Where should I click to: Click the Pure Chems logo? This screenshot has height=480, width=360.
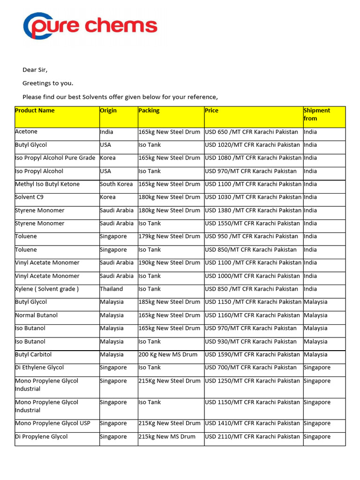90,26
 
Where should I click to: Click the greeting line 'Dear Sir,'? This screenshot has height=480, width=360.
35,70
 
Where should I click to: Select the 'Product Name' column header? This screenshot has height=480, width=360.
35,111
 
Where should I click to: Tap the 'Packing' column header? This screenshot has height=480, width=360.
149,111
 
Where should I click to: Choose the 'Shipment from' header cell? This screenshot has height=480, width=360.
317,114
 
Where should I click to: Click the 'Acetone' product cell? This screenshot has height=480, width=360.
26,132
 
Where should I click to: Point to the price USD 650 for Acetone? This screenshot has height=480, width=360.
251,132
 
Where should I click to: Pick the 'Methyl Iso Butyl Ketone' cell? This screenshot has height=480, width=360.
47,184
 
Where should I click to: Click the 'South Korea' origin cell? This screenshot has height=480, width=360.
116,184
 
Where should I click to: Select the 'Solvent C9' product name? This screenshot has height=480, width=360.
31,197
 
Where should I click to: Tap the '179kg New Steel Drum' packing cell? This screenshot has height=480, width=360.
169,236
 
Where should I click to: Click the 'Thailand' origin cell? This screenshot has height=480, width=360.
112,289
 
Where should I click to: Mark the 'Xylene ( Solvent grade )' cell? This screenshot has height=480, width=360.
47,289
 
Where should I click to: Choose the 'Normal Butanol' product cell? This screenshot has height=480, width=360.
37,315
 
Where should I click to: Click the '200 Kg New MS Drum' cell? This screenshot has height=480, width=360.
168,354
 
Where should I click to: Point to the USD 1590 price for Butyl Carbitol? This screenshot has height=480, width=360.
252,354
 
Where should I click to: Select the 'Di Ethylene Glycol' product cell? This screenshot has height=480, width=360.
39,367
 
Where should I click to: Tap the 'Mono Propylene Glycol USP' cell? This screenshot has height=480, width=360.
52,423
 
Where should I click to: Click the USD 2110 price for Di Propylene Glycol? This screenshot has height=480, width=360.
252,436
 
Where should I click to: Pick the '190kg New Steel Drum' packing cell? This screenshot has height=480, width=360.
169,262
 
